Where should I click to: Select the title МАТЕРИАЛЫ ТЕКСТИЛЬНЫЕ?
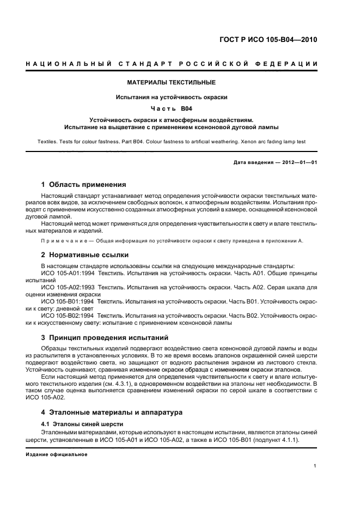[x=172, y=82]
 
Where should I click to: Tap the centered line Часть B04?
[x=172, y=108]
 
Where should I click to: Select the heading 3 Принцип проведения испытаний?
[x=105, y=337]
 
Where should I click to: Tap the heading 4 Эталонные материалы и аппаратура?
[x=112, y=412]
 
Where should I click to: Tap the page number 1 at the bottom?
[x=315, y=466]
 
